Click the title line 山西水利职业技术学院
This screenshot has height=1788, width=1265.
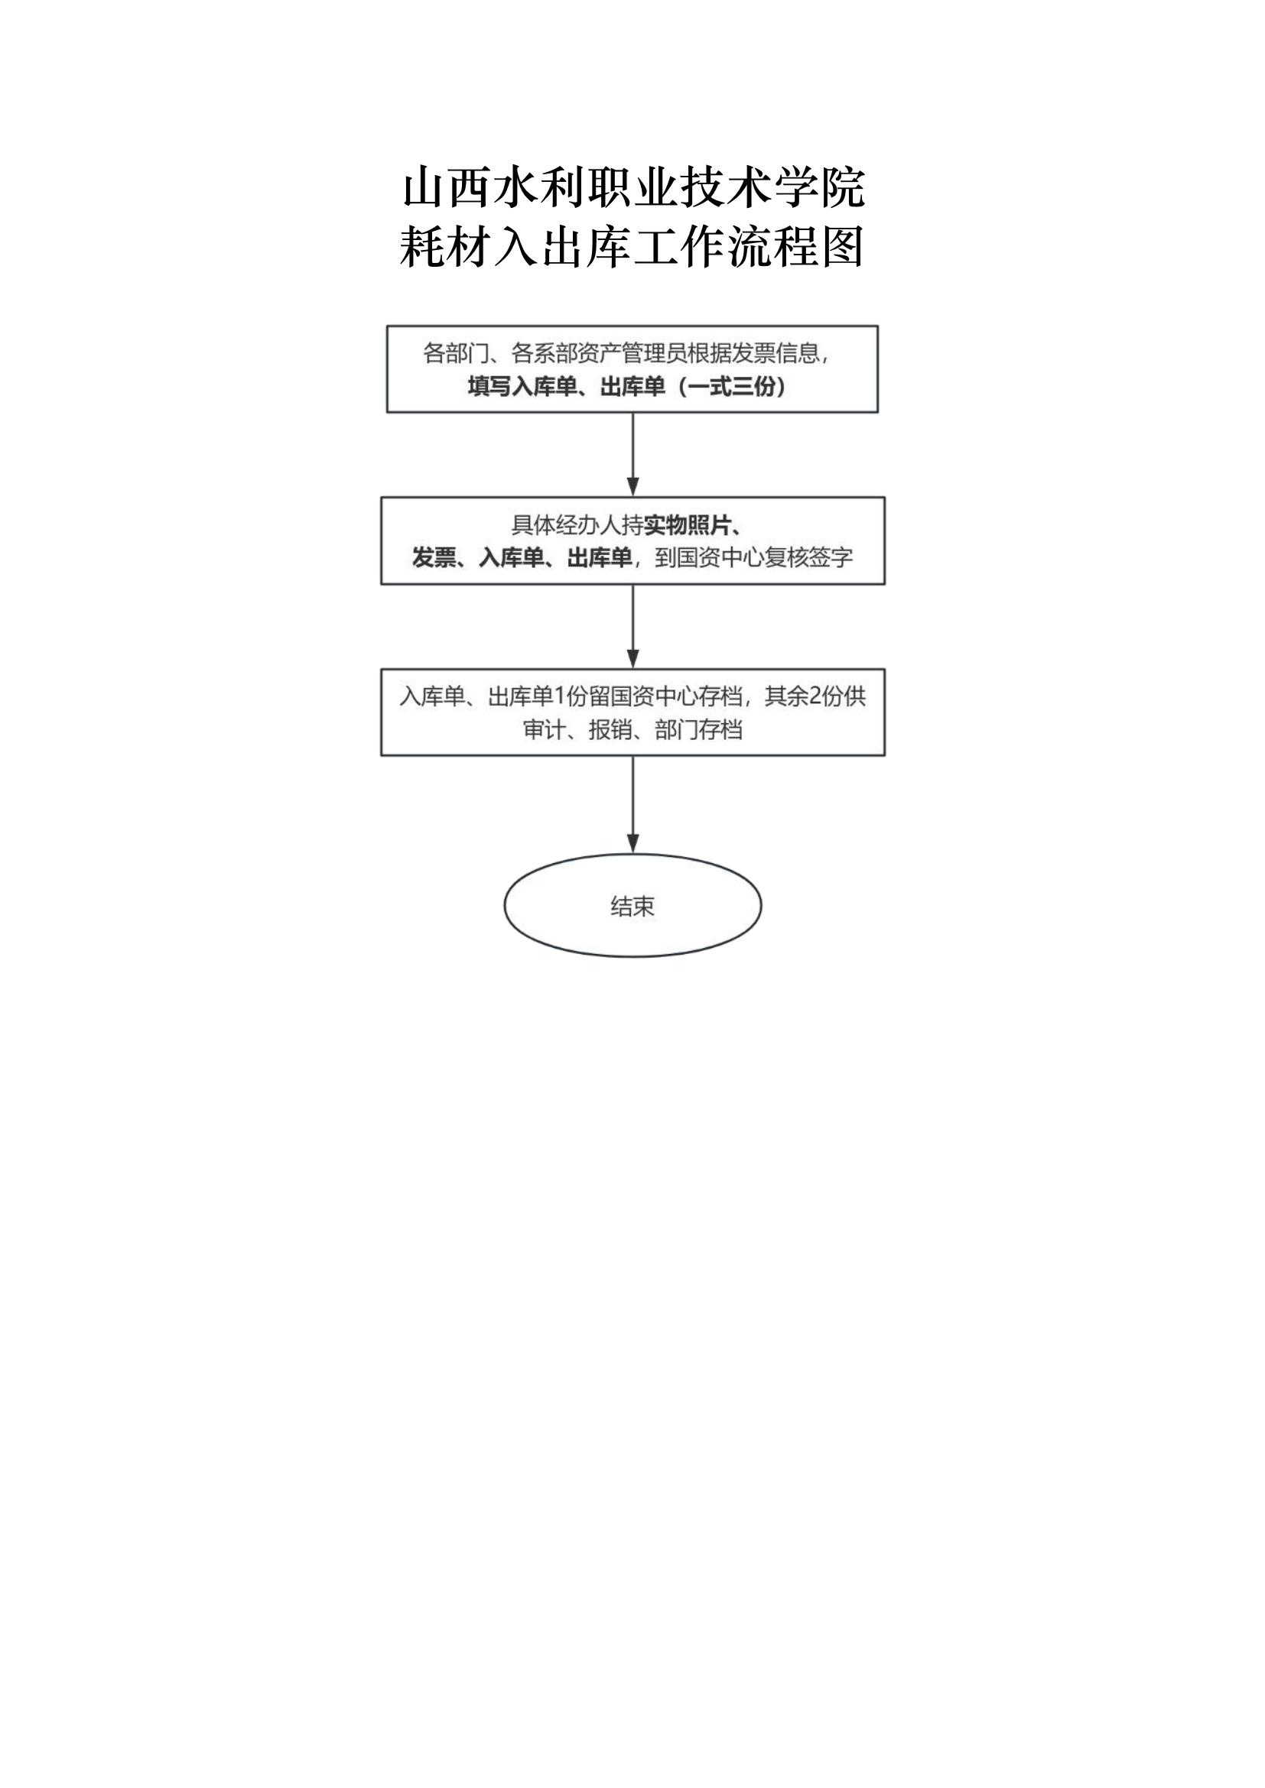633,188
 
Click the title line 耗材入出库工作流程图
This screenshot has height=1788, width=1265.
632,248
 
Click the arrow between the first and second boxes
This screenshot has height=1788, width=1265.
632,454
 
